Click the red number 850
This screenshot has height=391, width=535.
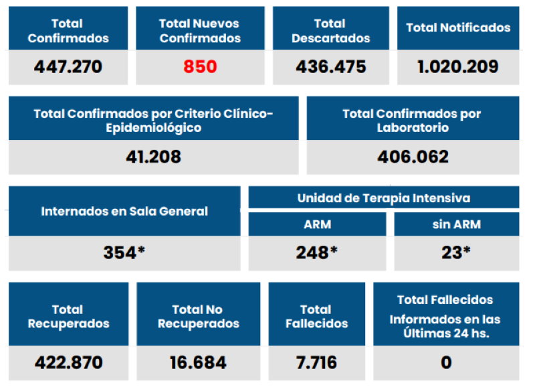(x=200, y=68)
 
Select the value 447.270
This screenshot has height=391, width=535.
(x=68, y=68)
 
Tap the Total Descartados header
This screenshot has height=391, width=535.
(x=330, y=31)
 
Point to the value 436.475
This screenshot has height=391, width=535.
(x=330, y=68)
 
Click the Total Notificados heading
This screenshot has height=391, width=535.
(x=458, y=28)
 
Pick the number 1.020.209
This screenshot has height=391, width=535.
(x=458, y=68)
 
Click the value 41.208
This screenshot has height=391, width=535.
(x=153, y=157)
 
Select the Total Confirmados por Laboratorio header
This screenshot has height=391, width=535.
(x=413, y=120)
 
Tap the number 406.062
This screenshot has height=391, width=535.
(x=413, y=157)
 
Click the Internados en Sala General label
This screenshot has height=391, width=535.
(x=124, y=211)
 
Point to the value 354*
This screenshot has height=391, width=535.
(x=124, y=252)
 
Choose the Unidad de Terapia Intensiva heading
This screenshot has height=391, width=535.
(x=383, y=198)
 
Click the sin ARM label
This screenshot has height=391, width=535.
(x=457, y=224)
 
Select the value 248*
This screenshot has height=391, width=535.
(x=317, y=252)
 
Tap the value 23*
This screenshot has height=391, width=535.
(x=457, y=252)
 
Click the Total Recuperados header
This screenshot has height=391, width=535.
(x=68, y=316)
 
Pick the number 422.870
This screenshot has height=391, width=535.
(x=68, y=363)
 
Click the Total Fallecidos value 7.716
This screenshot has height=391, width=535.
(x=316, y=363)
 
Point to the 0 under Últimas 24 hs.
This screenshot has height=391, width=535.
(x=445, y=363)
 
